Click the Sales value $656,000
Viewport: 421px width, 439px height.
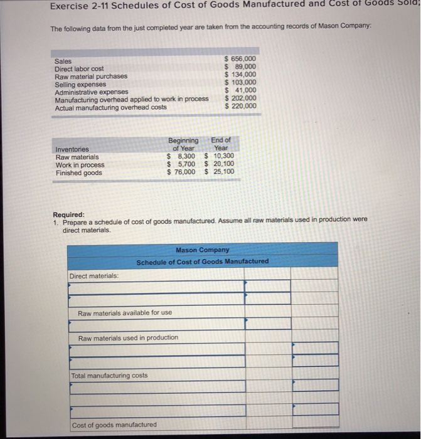241,60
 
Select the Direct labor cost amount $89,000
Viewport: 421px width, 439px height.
241,68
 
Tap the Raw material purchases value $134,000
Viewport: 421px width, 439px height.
241,76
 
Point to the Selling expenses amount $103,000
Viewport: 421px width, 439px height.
241,83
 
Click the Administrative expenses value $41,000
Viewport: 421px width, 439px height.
241,91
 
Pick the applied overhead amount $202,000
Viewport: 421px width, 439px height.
241,98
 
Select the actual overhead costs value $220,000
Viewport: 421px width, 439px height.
241,106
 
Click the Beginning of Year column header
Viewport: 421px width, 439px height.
183,144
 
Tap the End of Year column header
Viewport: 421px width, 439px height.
221,144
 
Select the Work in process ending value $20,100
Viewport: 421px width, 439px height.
220,164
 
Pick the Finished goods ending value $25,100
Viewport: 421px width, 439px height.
220,172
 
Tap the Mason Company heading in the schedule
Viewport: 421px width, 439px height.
202,250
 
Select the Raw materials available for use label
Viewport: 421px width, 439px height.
125,312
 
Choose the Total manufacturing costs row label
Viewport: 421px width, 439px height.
109,376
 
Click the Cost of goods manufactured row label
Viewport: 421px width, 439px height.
114,425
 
